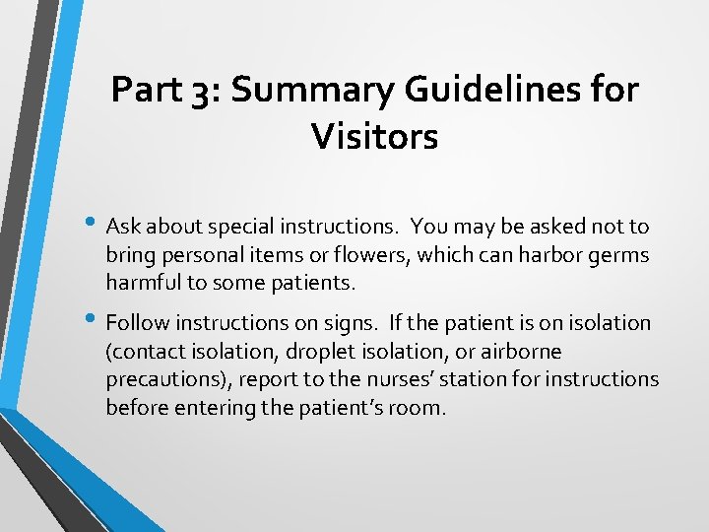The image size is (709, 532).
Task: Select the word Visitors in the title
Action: click(374, 136)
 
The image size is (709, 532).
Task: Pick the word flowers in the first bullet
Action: click(372, 255)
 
